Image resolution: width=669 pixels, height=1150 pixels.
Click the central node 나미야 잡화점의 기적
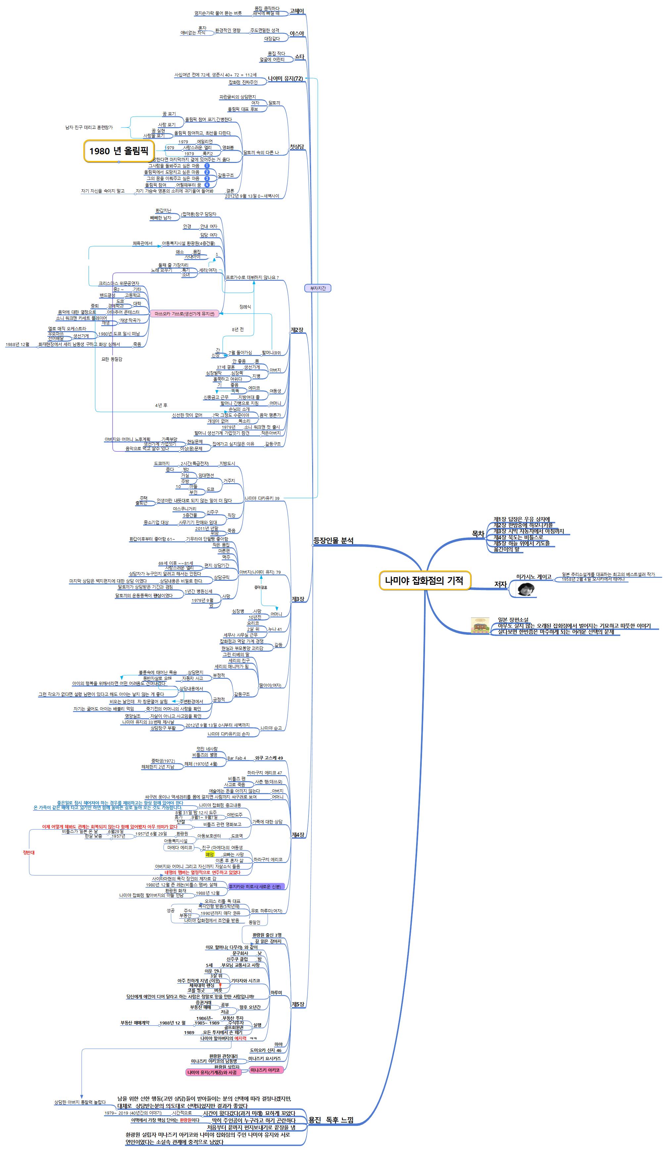424,580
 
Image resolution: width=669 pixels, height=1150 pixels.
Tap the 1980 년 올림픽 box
119,151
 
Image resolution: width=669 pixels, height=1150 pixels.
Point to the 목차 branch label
478,534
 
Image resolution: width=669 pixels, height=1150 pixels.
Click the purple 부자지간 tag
317,288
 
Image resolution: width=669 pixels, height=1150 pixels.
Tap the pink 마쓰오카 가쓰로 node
184,314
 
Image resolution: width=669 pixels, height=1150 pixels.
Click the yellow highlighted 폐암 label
210,854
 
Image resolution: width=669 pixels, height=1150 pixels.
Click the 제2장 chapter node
297,329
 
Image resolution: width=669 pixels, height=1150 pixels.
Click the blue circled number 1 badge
207,166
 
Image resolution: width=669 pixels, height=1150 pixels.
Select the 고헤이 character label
297,11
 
